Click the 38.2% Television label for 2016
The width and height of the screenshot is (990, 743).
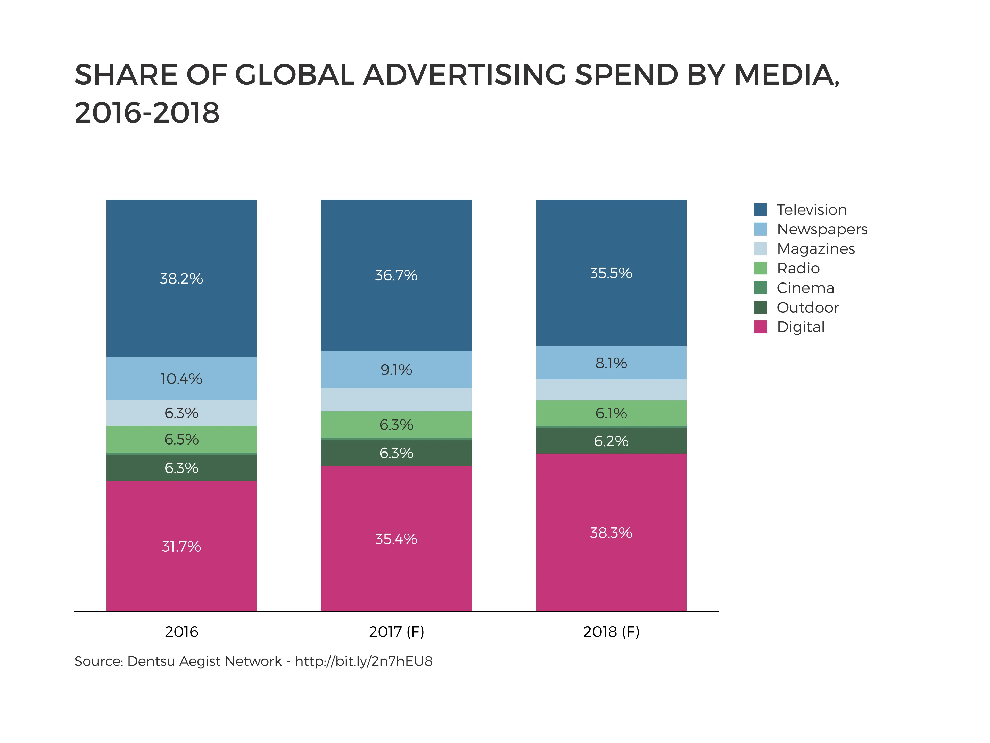click(x=181, y=279)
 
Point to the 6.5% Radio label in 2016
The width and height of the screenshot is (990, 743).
click(x=181, y=439)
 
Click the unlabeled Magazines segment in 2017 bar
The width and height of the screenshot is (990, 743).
click(x=396, y=399)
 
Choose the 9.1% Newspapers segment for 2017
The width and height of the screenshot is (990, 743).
click(x=396, y=369)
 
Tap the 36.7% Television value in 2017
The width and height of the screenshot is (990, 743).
click(x=396, y=275)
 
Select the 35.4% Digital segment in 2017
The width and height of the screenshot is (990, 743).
click(x=396, y=538)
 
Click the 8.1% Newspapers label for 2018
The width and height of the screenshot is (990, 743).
click(x=611, y=363)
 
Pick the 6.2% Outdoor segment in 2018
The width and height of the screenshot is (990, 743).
click(x=611, y=441)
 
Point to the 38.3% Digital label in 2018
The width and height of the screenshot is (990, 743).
click(x=611, y=532)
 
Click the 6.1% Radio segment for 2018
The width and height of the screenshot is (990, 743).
click(x=611, y=413)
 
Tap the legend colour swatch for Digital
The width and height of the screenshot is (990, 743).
click(x=760, y=327)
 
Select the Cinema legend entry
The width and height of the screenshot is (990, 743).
click(x=805, y=288)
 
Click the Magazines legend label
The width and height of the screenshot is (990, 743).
click(x=815, y=248)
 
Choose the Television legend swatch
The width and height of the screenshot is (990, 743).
click(x=760, y=209)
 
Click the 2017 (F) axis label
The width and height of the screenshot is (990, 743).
click(x=396, y=632)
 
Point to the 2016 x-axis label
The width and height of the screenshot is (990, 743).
click(x=181, y=632)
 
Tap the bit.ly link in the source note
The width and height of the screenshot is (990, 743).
click(x=364, y=661)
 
